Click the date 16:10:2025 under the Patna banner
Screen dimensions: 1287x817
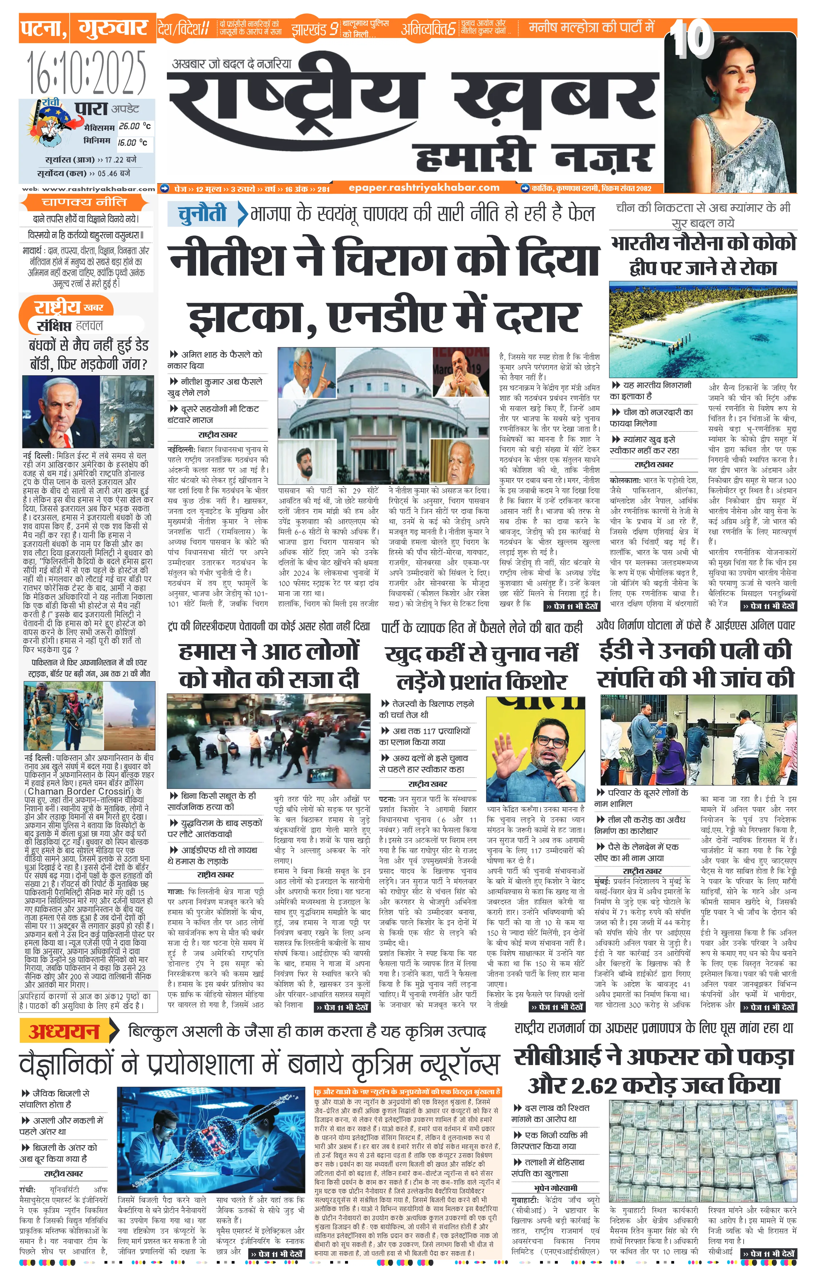pos(87,72)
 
